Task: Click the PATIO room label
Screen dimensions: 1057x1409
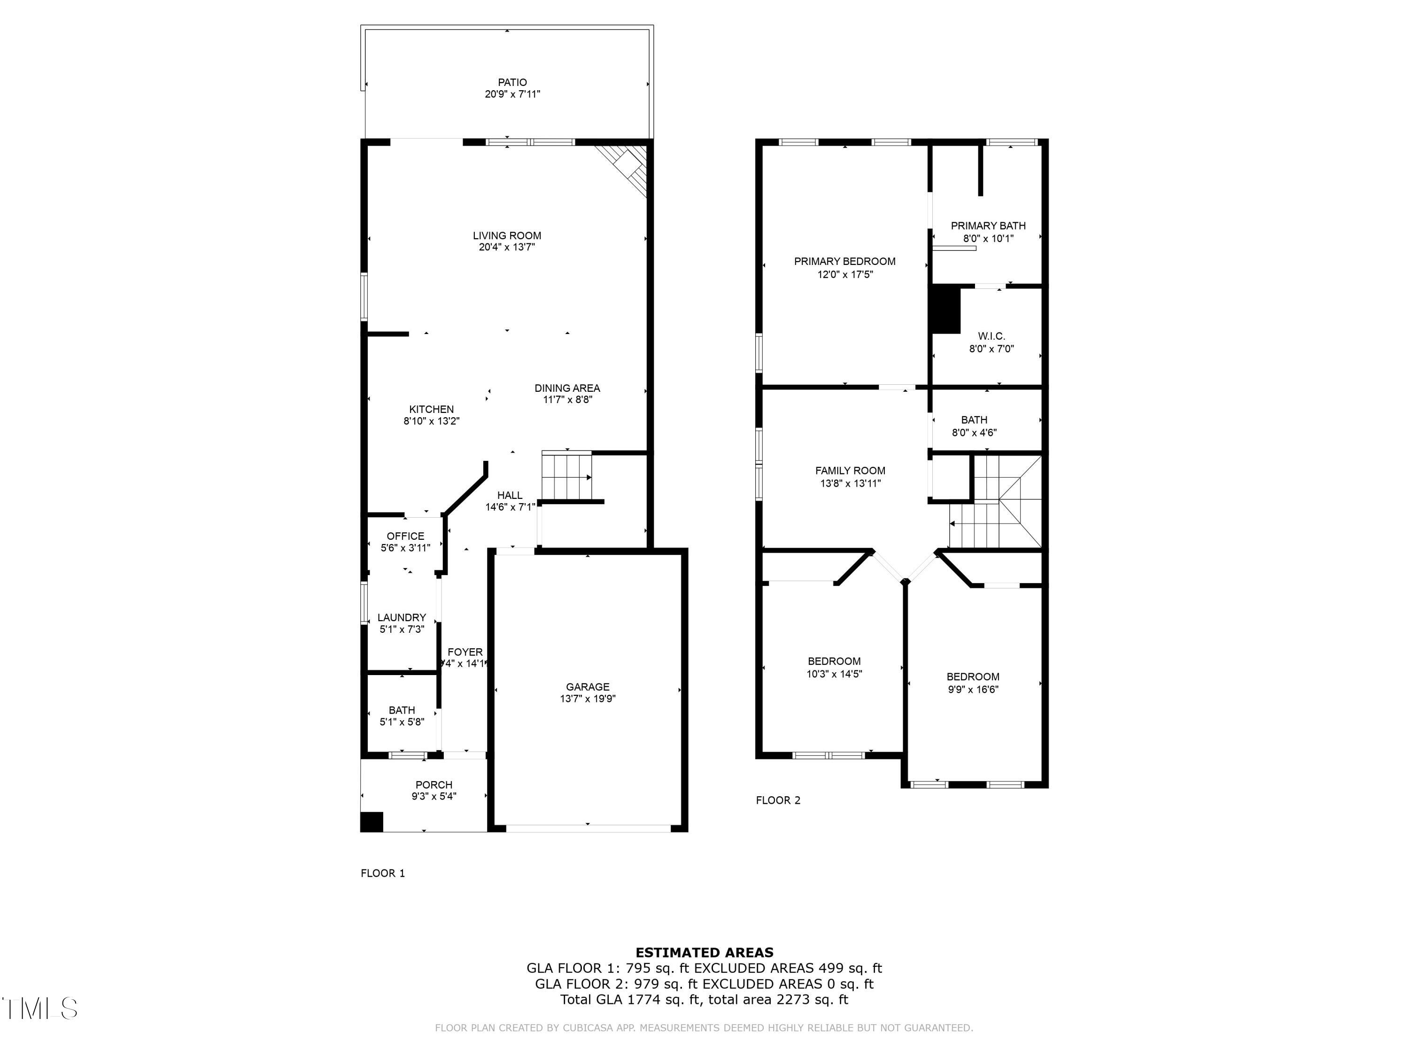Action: pos(512,82)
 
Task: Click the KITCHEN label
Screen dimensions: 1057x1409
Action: pos(431,409)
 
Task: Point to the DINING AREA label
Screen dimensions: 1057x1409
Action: pos(567,388)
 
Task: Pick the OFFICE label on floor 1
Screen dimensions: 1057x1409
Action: pos(405,536)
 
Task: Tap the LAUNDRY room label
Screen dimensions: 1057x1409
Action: pos(401,617)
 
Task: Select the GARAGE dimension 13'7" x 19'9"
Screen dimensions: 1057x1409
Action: pos(587,698)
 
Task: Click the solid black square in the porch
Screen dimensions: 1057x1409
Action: pos(372,822)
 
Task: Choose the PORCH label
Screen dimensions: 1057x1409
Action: pos(434,785)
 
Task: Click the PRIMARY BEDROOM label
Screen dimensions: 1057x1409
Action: pos(844,261)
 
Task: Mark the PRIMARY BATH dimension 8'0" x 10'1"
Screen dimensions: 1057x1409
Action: pos(988,238)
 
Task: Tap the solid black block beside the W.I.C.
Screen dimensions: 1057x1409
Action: pos(946,310)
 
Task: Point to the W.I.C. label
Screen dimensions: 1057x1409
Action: pos(991,336)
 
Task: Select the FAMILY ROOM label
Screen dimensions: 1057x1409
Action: pos(850,471)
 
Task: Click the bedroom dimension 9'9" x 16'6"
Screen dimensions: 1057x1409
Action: pos(973,689)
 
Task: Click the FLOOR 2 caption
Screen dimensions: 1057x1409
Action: pos(778,800)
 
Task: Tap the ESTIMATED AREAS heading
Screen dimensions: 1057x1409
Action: pos(704,953)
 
